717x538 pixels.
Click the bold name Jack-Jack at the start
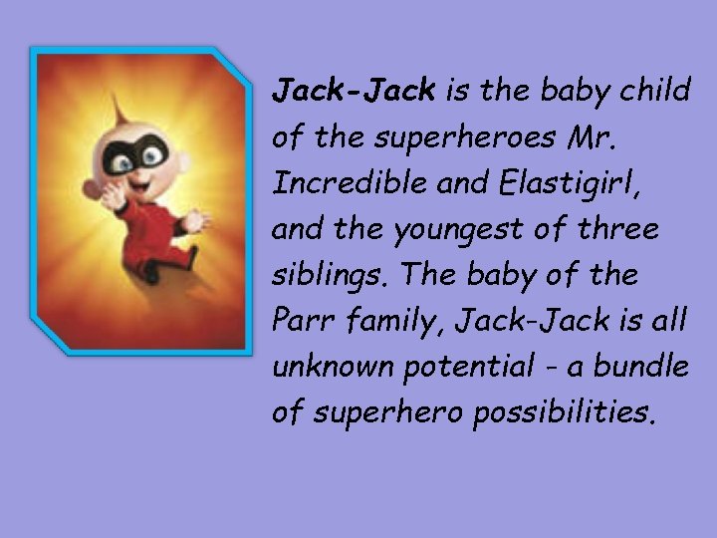[x=354, y=93]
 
